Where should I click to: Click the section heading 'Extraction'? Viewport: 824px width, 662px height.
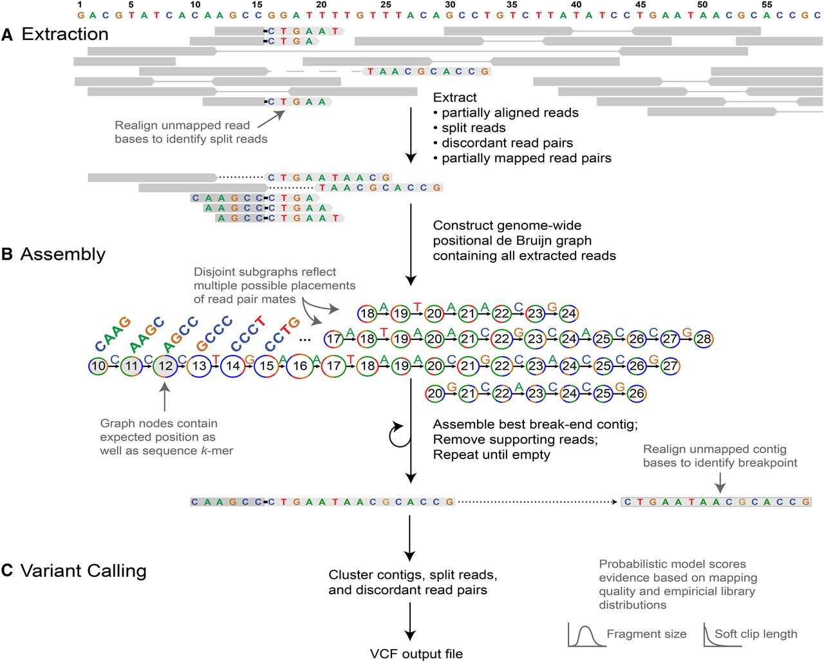pyautogui.click(x=65, y=34)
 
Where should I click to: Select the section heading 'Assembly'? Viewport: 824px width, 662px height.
pyautogui.click(x=63, y=254)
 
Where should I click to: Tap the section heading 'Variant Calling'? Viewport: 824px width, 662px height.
pyautogui.click(x=84, y=571)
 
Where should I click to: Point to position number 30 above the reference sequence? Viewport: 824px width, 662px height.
pyautogui.click(x=450, y=5)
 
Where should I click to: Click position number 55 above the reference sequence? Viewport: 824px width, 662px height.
pyautogui.click(x=767, y=5)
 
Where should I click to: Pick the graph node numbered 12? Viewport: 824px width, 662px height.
pyautogui.click(x=165, y=366)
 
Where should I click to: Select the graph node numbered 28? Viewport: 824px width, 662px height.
pyautogui.click(x=703, y=339)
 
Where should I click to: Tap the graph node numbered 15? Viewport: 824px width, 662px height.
pyautogui.click(x=266, y=366)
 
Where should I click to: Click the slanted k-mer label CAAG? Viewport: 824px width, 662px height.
pyautogui.click(x=113, y=334)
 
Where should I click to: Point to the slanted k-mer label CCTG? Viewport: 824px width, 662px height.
pyautogui.click(x=283, y=334)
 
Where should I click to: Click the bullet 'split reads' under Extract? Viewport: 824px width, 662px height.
pyautogui.click(x=473, y=128)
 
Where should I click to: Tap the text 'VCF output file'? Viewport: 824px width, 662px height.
pyautogui.click(x=416, y=654)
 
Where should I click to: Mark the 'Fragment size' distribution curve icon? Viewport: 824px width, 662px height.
pyautogui.click(x=583, y=636)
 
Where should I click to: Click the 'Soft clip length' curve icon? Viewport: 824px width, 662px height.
pyautogui.click(x=713, y=634)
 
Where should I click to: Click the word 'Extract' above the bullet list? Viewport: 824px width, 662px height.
pyautogui.click(x=454, y=98)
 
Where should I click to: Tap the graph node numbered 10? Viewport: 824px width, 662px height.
pyautogui.click(x=98, y=366)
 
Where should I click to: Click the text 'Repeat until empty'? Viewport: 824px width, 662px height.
pyautogui.click(x=491, y=455)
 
